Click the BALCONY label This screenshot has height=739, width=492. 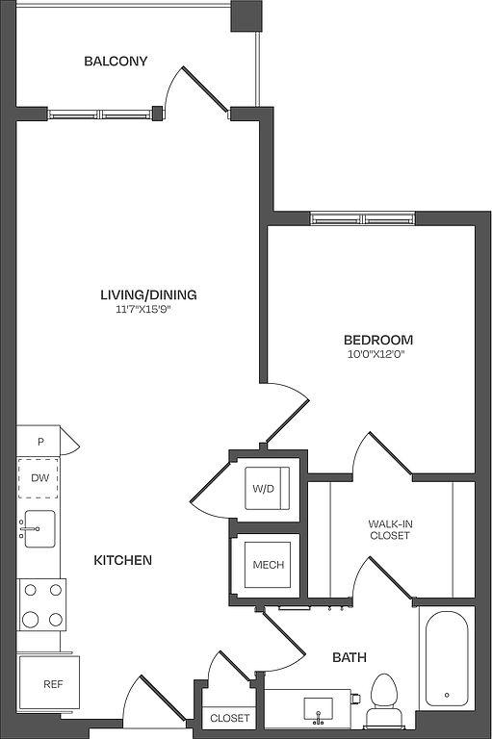coord(116,61)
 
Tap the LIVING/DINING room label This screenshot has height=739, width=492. coord(148,294)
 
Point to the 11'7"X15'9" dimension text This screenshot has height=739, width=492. coord(142,310)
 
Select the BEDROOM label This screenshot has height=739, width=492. coord(378,340)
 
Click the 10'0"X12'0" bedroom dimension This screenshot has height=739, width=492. coord(376,354)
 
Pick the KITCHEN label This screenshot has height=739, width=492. coord(123,560)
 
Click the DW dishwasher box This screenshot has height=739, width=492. coord(39,478)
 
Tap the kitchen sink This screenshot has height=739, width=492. coord(39,529)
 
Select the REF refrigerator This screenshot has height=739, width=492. coord(49,683)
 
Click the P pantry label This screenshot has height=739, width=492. coord(41,442)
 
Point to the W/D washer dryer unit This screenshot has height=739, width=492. coord(267,488)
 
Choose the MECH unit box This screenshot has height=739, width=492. coord(268,564)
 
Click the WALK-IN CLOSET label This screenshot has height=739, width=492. coord(390,529)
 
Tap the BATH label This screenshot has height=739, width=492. coord(350,657)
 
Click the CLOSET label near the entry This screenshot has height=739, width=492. coord(230,718)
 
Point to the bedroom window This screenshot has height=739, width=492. coord(363,218)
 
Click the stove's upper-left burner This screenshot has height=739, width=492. coord(30,590)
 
